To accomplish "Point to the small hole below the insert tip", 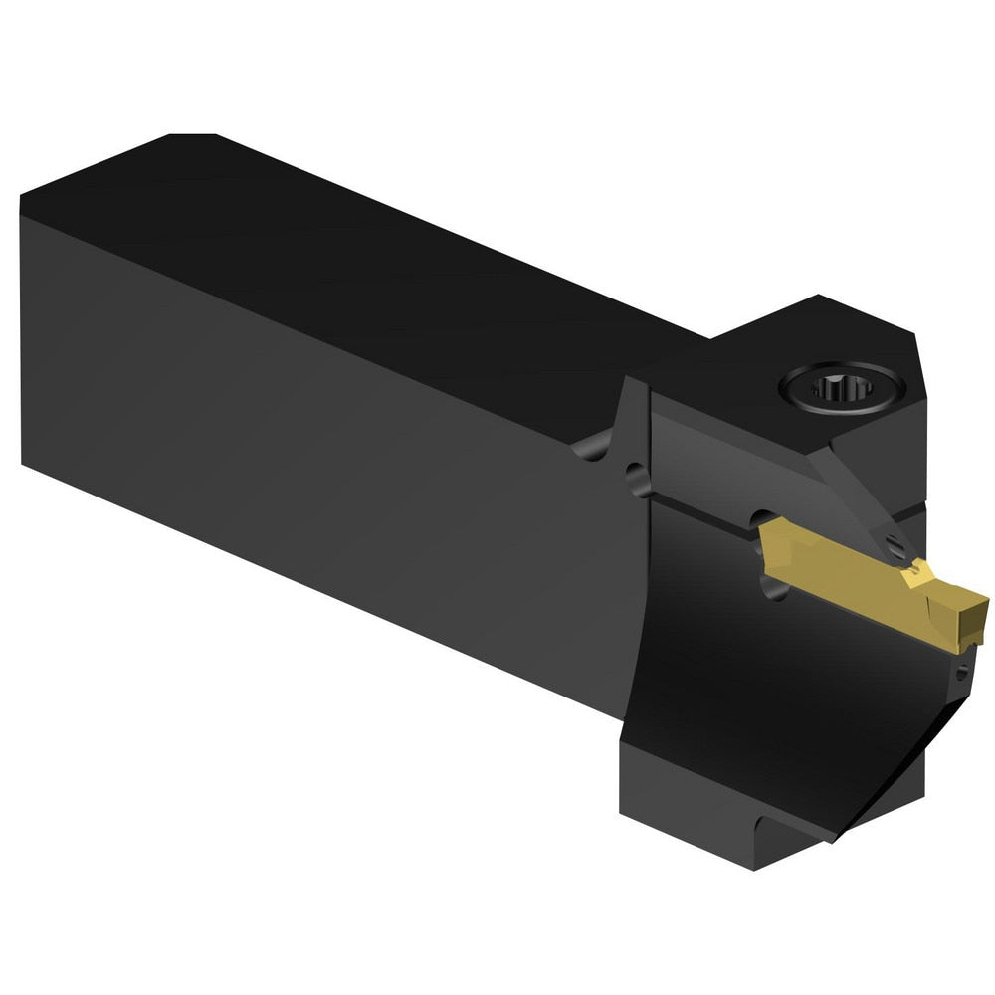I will [x=961, y=675].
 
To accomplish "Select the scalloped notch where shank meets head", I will [x=595, y=446].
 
